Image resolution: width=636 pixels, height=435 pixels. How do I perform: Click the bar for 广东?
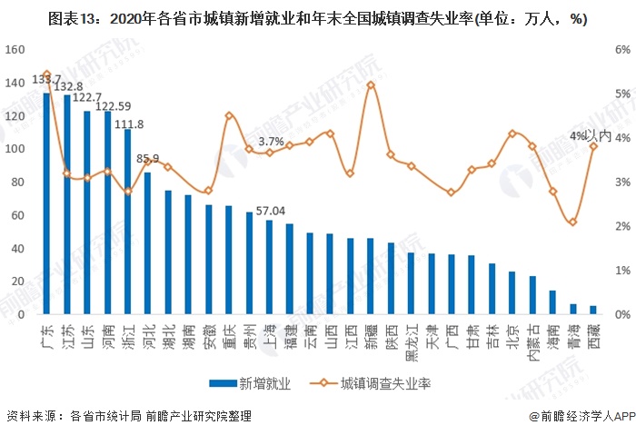(47, 203)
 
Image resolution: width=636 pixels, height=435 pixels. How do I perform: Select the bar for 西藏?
(593, 310)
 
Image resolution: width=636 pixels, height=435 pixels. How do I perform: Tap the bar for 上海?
(269, 267)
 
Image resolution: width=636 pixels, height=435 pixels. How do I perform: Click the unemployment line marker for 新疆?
(370, 84)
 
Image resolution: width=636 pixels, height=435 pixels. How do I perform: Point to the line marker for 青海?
(572, 222)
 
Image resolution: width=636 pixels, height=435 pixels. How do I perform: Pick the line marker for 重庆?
(229, 115)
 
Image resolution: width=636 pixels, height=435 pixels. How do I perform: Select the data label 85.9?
(148, 159)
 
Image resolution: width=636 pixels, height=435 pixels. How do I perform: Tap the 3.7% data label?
(271, 142)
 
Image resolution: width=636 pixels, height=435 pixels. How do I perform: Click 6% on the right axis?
(621, 50)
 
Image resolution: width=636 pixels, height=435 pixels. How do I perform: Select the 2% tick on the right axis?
(621, 226)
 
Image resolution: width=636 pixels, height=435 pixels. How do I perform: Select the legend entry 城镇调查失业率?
(372, 383)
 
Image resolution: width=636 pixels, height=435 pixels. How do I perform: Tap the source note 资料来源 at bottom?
(128, 417)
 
